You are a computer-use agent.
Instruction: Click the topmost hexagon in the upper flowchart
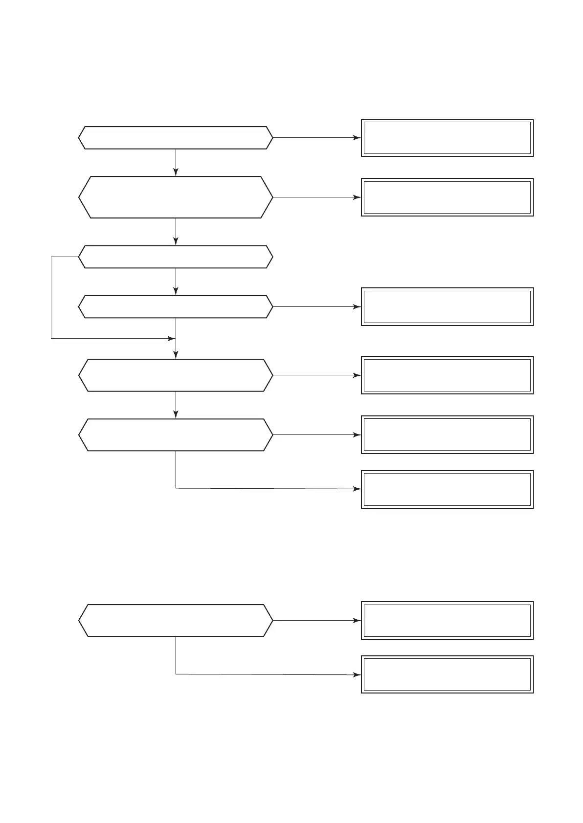coord(175,138)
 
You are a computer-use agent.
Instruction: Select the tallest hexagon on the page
coord(175,197)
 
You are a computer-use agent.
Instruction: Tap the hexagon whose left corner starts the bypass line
coord(175,257)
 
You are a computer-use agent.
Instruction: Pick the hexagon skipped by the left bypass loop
coord(175,306)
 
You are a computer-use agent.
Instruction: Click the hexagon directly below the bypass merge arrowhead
coord(175,375)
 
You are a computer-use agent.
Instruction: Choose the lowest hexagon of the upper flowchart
coord(175,434)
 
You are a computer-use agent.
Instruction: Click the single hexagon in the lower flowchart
coord(175,620)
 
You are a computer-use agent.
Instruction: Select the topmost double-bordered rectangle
coord(447,138)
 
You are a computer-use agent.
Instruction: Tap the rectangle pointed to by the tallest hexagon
coord(447,197)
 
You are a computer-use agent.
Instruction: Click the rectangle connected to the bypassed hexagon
coord(447,306)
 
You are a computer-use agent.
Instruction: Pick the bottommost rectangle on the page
coord(447,674)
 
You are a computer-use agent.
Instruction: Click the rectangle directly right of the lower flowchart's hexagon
coord(447,620)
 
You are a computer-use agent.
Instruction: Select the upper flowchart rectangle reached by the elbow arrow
coord(447,489)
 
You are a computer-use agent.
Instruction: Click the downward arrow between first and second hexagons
coord(176,162)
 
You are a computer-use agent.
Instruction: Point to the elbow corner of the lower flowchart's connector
coord(176,674)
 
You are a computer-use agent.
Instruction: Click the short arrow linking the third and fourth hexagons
coord(176,282)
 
